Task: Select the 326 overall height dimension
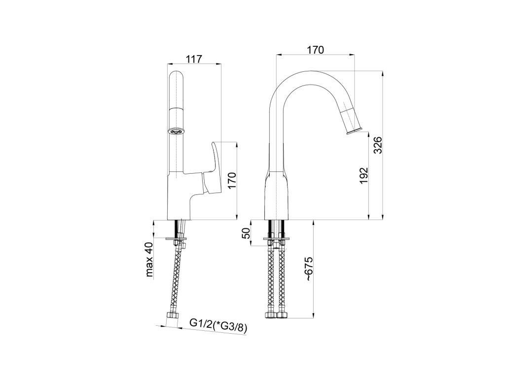379,145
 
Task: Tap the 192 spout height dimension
364,175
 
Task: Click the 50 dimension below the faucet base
246,233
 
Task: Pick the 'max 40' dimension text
149,259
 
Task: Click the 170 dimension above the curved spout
315,50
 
